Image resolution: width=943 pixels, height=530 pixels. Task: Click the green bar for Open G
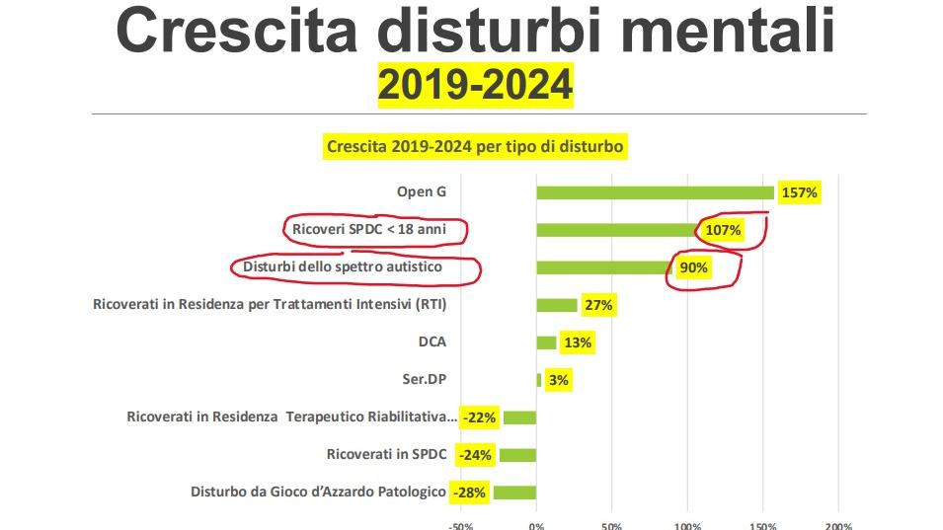click(655, 192)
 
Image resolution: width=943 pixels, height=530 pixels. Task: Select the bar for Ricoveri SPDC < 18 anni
click(617, 230)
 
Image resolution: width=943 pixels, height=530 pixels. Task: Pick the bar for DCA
click(546, 342)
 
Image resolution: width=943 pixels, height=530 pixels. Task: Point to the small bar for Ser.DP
click(539, 380)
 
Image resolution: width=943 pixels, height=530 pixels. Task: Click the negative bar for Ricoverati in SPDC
click(517, 455)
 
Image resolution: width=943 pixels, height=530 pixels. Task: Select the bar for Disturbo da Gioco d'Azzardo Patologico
click(514, 492)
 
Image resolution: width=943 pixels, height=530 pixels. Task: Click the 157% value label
click(799, 192)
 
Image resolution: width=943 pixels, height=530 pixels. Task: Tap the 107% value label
click(722, 231)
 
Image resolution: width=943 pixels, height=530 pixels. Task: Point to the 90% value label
click(693, 267)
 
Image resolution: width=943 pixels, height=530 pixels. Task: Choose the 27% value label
click(598, 305)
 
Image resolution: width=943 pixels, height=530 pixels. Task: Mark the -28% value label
click(470, 492)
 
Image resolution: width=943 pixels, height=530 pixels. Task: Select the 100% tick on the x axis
click(687, 526)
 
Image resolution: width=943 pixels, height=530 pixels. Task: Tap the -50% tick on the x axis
click(461, 526)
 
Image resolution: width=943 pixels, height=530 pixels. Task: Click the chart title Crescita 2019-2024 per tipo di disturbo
click(475, 147)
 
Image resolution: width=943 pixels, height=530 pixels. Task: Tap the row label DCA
click(432, 342)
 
